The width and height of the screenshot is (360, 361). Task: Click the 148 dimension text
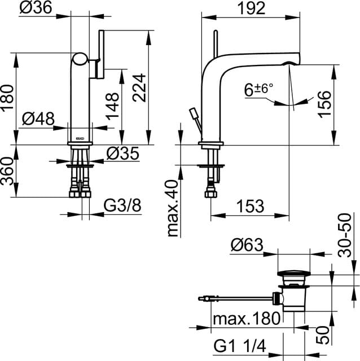(112, 103)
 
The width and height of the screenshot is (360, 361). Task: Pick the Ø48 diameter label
(39, 119)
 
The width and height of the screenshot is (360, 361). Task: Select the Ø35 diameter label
(122, 153)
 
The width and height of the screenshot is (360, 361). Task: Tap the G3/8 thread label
(122, 206)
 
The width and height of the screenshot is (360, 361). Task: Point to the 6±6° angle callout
(258, 89)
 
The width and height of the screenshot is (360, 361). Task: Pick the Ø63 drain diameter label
(248, 245)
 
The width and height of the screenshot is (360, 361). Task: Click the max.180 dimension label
(246, 319)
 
